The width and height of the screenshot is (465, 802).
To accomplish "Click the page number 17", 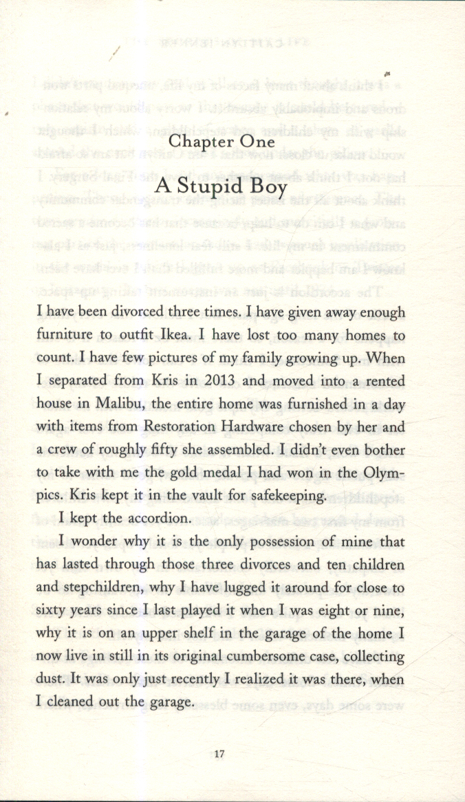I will coord(219,754).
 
